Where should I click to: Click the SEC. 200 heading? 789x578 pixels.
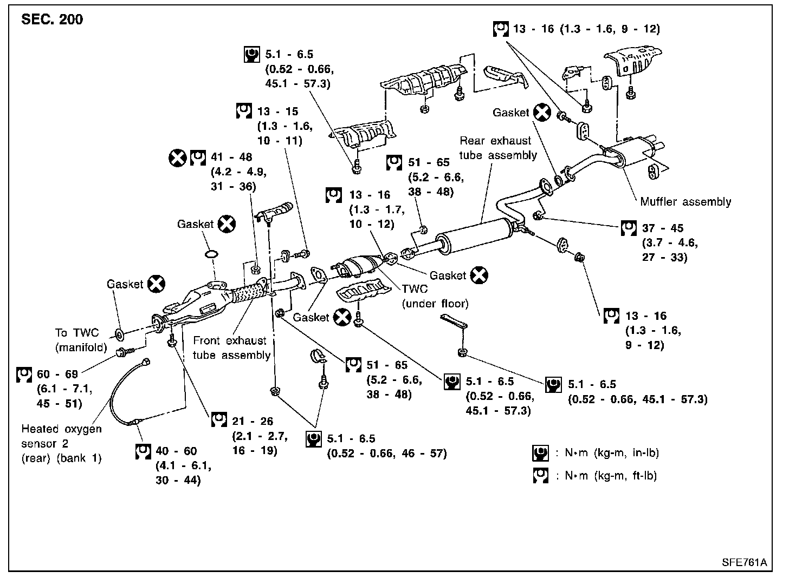(52, 20)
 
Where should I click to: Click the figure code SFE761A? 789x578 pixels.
(744, 562)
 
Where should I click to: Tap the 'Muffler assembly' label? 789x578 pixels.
(685, 202)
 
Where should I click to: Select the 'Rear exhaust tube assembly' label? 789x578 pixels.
(498, 148)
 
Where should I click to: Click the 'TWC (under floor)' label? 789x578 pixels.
(435, 296)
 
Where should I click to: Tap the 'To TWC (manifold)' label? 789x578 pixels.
(81, 340)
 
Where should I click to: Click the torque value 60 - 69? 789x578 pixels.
(57, 374)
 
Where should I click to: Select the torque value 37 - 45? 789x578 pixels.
(663, 228)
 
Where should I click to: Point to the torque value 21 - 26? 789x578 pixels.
(253, 421)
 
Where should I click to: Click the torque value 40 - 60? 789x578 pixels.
(177, 451)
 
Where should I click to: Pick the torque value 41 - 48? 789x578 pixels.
(232, 157)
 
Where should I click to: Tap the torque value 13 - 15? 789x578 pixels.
(277, 111)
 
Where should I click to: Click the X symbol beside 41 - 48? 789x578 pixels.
(177, 158)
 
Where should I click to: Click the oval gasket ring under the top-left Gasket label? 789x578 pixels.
(212, 254)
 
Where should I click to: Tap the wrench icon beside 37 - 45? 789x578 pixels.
(628, 228)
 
